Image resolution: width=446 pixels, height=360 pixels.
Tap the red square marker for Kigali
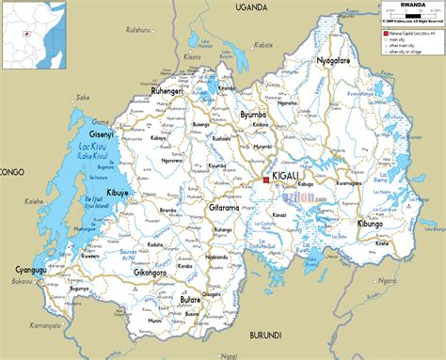coord(266,179)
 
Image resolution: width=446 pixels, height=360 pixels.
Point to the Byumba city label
coord(254,115)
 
